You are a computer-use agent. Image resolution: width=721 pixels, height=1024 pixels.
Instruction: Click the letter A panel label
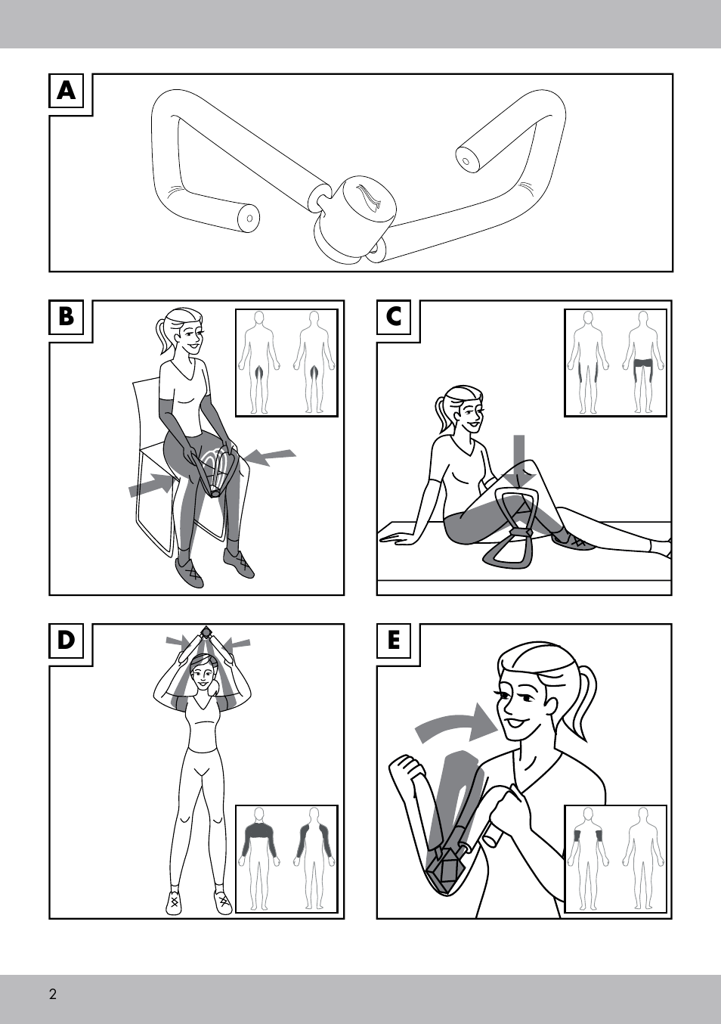pos(67,91)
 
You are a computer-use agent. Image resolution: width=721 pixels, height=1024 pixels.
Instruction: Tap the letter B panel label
pos(67,317)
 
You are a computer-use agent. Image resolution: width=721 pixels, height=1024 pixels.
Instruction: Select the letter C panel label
pos(394,317)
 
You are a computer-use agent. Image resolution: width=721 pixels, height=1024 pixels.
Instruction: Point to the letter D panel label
pos(67,640)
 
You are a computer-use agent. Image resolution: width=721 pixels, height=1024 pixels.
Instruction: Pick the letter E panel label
pos(394,640)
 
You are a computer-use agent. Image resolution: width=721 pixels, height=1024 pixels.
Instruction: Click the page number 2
pos(53,991)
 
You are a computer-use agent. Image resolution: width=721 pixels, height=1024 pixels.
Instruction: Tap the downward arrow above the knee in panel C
pos(519,462)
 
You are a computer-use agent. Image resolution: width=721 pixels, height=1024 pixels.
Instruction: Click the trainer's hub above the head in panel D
pos(206,633)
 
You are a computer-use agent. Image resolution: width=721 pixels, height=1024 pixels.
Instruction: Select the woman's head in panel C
pos(462,408)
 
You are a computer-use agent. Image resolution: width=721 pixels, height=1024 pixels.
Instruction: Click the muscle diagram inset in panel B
pos(286,363)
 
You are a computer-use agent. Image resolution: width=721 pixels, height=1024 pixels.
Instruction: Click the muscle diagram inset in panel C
pos(615,363)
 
